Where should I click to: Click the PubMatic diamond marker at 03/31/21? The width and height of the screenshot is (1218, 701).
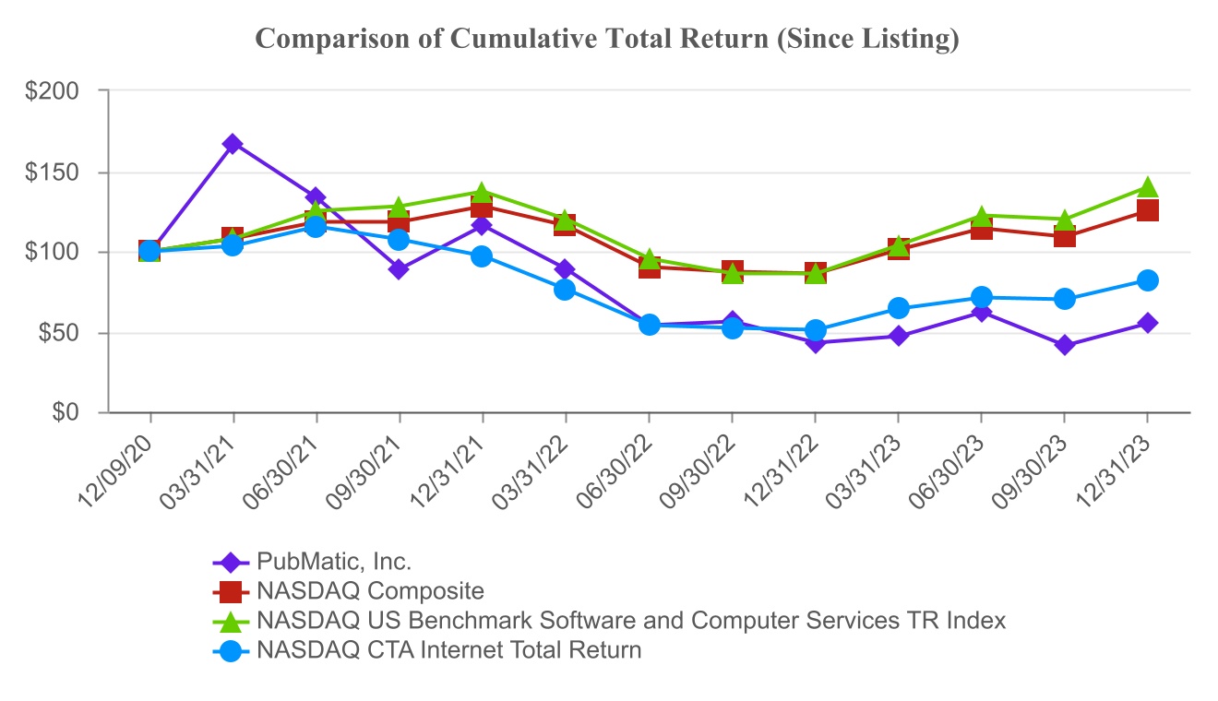click(233, 144)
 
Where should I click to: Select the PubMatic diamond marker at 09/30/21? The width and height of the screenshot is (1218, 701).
click(399, 269)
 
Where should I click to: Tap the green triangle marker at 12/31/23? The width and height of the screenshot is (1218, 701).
click(1147, 187)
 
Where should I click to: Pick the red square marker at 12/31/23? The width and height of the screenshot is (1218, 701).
click(1147, 210)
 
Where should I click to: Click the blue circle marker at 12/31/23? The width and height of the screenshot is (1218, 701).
click(1147, 280)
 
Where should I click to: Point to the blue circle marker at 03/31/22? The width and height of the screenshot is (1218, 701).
click(565, 290)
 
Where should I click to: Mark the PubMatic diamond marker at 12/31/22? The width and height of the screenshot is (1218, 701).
click(815, 342)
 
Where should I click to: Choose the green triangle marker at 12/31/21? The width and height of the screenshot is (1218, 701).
click(482, 192)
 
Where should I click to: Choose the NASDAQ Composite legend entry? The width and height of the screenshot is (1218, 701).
click(370, 591)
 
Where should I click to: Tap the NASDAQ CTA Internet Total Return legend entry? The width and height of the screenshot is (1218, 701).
click(448, 650)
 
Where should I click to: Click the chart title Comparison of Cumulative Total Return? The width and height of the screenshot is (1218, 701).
click(607, 39)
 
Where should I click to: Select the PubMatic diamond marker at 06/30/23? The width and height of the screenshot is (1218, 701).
click(981, 313)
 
